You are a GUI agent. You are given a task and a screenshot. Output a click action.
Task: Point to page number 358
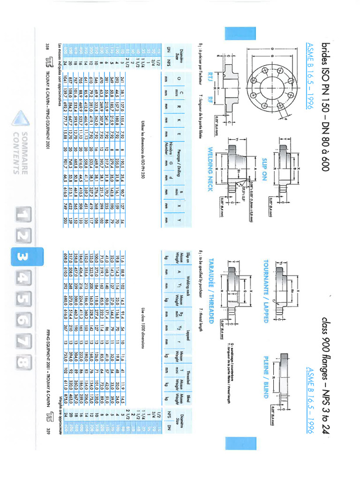click(48, 46)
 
